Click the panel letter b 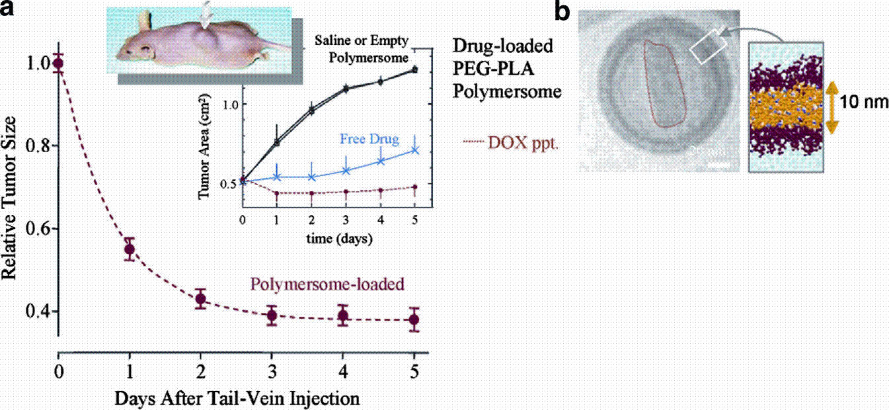click(562, 12)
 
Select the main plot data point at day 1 click(130, 249)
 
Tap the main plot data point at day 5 click(414, 320)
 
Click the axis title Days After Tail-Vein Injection click(237, 398)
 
